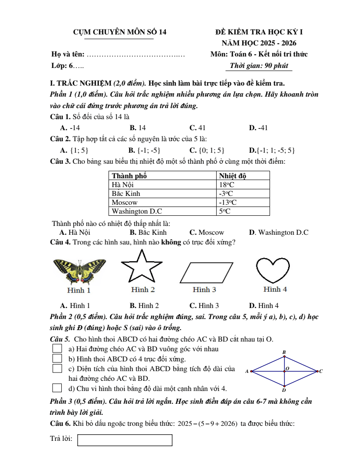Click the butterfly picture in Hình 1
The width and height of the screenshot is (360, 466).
79,271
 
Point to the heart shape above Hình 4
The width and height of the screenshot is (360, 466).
273,270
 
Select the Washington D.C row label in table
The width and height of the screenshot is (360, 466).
137,211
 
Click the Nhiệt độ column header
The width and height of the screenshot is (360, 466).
232,176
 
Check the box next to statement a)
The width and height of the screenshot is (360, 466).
57,349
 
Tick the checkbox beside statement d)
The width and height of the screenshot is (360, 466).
57,388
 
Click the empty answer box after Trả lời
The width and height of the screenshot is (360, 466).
125,440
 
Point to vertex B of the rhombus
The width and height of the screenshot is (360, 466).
284,352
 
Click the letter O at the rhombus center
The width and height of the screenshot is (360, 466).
288,368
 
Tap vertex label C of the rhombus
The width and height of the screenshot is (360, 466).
321,371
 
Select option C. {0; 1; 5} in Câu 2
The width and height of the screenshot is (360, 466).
207,150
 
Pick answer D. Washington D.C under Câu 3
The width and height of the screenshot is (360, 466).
279,232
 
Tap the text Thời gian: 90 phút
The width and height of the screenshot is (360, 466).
259,66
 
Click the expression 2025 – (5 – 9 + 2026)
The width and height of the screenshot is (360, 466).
207,424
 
